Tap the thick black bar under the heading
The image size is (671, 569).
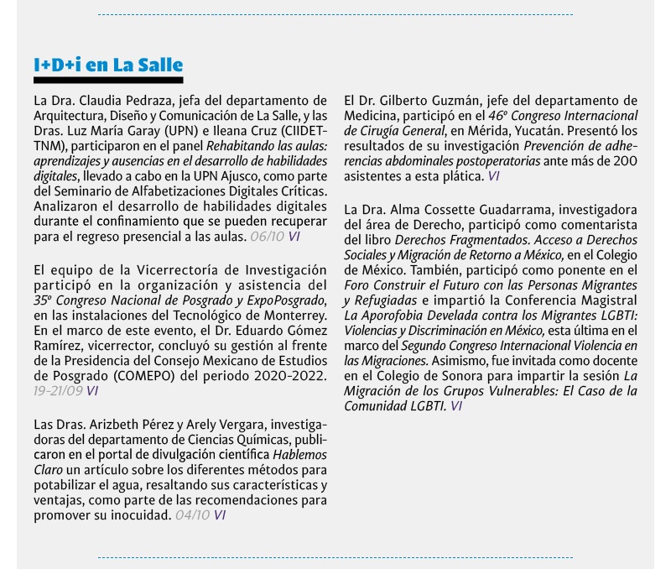coord(108,80)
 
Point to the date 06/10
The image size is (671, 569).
coord(268,238)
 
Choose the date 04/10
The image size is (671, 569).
coord(193,514)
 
